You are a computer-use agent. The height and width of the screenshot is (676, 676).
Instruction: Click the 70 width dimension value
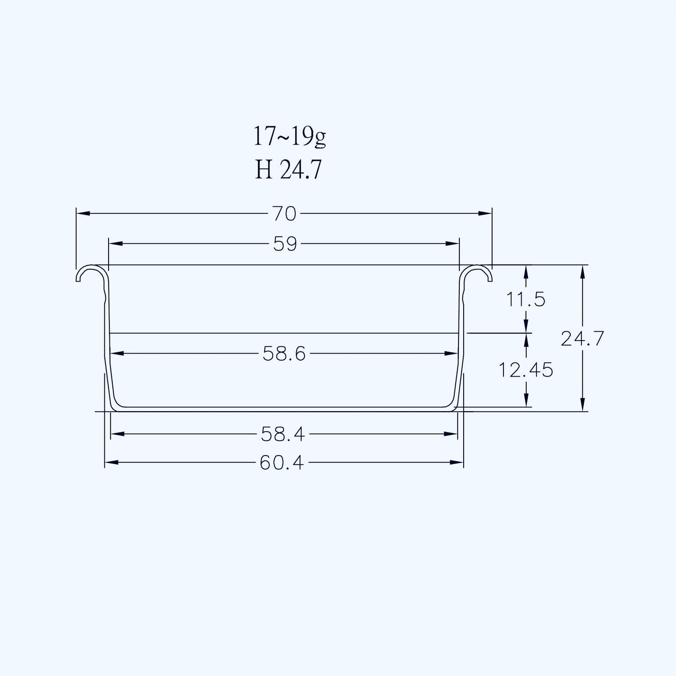[x=284, y=214]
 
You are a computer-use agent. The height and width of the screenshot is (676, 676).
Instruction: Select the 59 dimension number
[x=285, y=244]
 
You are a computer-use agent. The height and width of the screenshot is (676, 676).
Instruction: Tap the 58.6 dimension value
[x=284, y=354]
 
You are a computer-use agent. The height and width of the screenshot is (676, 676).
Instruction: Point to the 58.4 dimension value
[x=283, y=435]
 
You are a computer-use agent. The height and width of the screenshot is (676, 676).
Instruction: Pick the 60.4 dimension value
[x=282, y=463]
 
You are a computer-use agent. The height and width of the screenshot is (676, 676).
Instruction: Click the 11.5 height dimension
[x=525, y=299]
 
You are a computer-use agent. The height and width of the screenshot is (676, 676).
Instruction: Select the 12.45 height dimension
[x=525, y=370]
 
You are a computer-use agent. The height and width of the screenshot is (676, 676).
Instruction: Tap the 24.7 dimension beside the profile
[x=582, y=339]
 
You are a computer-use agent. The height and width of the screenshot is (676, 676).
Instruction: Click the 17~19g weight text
[x=290, y=137]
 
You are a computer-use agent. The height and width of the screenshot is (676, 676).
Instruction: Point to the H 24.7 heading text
[x=288, y=170]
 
